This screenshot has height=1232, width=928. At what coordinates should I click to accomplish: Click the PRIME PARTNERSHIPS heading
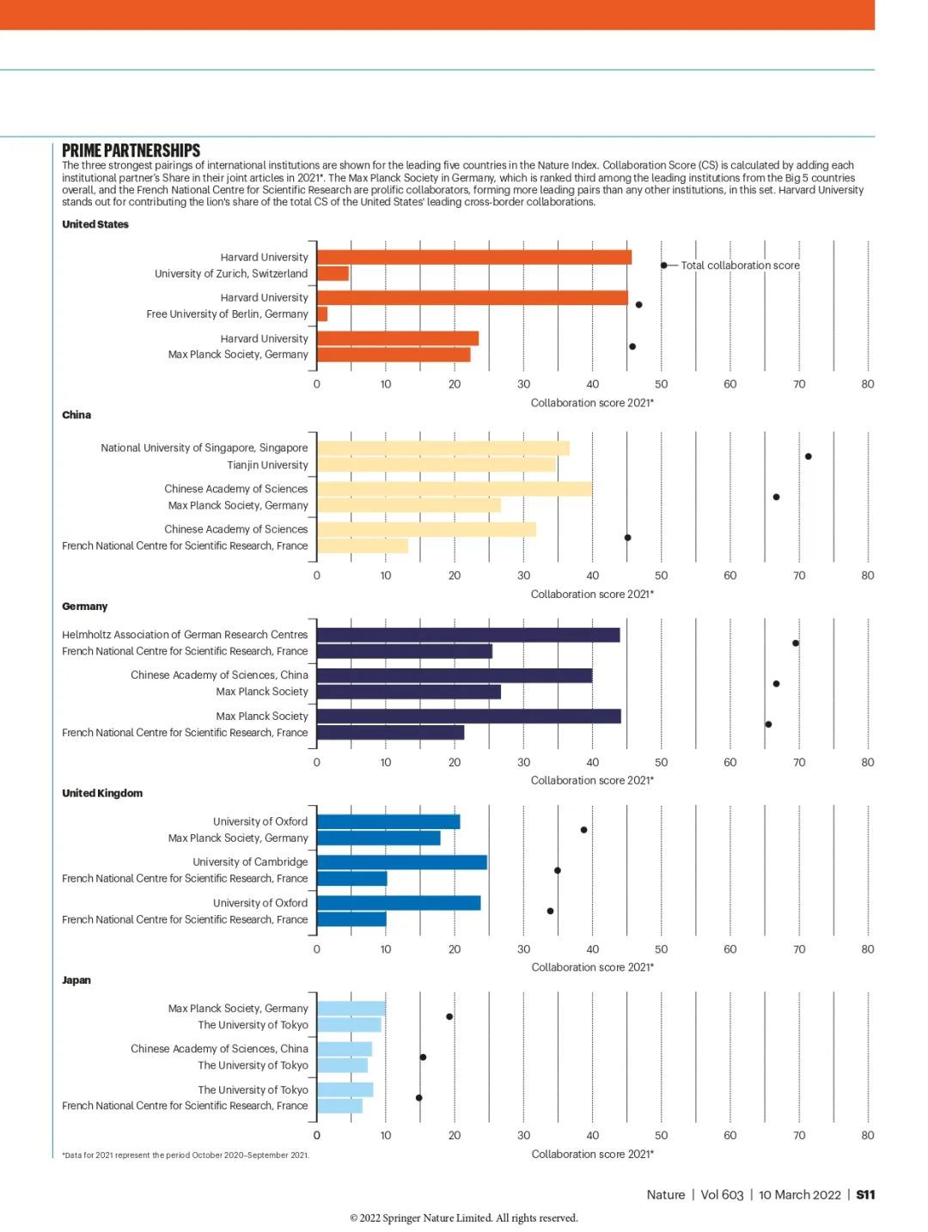click(131, 150)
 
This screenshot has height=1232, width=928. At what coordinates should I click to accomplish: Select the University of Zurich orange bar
click(333, 273)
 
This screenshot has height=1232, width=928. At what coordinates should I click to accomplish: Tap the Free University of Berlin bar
click(321, 314)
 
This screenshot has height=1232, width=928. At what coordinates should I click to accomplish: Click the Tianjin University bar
click(436, 465)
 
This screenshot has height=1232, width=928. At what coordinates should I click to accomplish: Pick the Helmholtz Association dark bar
click(468, 635)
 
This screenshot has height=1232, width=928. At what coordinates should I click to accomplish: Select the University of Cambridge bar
click(402, 862)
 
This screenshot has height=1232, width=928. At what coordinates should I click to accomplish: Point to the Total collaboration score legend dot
click(663, 265)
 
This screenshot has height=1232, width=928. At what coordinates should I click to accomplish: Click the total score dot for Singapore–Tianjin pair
click(808, 456)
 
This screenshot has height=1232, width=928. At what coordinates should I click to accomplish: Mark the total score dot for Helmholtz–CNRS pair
click(796, 643)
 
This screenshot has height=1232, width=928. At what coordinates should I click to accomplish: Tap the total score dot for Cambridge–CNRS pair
click(558, 870)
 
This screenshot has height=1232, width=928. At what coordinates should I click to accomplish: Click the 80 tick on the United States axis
click(867, 384)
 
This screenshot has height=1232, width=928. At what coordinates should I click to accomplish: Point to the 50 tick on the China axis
click(662, 576)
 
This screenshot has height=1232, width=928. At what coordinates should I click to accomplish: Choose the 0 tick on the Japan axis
click(316, 1135)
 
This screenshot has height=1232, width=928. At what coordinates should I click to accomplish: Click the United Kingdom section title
click(102, 793)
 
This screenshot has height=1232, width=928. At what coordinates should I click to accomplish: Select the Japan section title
click(76, 980)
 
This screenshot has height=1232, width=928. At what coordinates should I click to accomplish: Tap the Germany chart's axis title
click(592, 780)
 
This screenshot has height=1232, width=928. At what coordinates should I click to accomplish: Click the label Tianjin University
click(268, 465)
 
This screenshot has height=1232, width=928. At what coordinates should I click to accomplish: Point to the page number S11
click(865, 1194)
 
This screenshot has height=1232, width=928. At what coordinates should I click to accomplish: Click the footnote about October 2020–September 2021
click(186, 1155)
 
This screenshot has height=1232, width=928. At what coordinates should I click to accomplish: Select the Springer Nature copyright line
click(464, 1217)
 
